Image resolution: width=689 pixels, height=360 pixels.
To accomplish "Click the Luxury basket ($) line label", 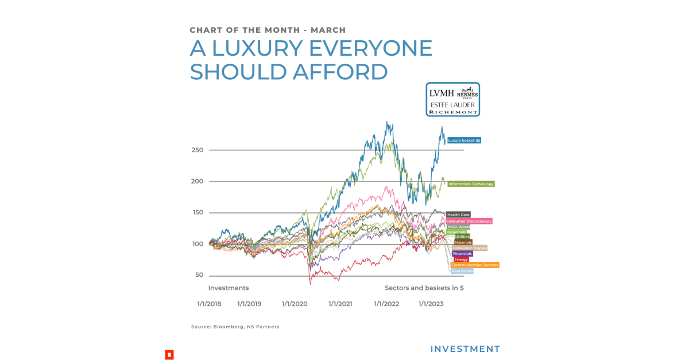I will pyautogui.click(x=464, y=140).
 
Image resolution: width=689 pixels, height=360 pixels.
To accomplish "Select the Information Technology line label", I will pyautogui.click(x=471, y=184).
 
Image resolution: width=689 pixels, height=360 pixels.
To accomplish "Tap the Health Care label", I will pyautogui.click(x=458, y=215).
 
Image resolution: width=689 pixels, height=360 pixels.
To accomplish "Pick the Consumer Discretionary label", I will pyautogui.click(x=469, y=221).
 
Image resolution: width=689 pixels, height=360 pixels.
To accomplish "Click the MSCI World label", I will pyautogui.click(x=459, y=227).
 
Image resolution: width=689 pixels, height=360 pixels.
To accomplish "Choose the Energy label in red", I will pyautogui.click(x=461, y=260).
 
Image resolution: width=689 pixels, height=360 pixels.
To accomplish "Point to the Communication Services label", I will pyautogui.click(x=475, y=265).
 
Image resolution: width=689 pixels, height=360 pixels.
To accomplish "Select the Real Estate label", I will pyautogui.click(x=462, y=271).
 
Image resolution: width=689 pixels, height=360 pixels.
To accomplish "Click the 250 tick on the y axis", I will pyautogui.click(x=198, y=150).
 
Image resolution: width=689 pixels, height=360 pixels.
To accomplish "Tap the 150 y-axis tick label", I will pyautogui.click(x=198, y=213).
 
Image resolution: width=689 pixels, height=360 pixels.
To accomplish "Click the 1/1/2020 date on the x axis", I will pyautogui.click(x=295, y=304).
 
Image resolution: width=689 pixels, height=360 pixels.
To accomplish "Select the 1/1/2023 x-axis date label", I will pyautogui.click(x=431, y=304).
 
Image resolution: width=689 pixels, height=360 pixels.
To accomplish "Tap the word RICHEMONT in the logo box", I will pyautogui.click(x=453, y=113).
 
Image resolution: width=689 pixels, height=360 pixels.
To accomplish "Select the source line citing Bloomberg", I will pyautogui.click(x=235, y=327).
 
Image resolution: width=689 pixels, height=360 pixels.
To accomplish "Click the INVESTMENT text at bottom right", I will pyautogui.click(x=465, y=349).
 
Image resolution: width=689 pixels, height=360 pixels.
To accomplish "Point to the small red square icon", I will pyautogui.click(x=169, y=354).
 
